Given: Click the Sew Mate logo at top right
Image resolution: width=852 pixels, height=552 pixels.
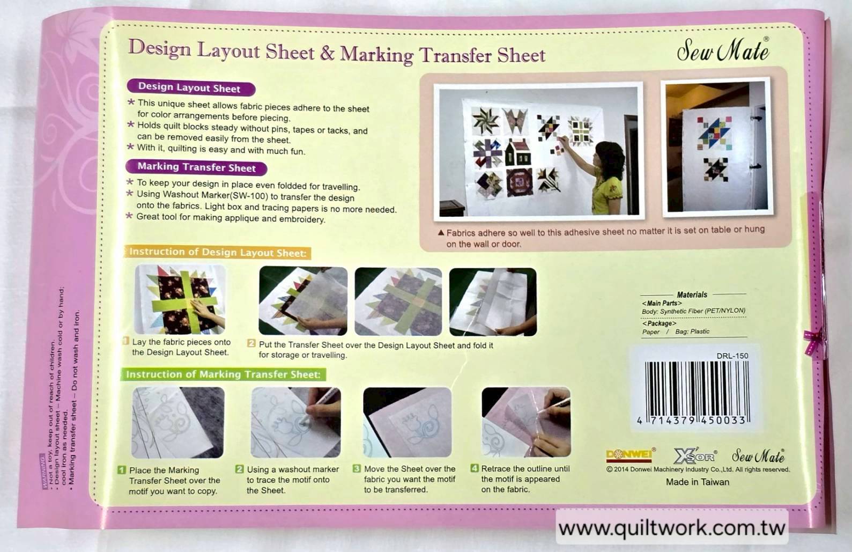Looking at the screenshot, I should (x=723, y=51).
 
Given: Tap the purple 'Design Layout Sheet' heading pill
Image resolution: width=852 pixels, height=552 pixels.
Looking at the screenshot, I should (x=190, y=87).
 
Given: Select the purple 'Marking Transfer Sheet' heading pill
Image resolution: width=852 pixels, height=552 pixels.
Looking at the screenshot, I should (x=196, y=167).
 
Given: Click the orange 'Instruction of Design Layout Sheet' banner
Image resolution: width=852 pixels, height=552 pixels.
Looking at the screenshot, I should (x=218, y=252).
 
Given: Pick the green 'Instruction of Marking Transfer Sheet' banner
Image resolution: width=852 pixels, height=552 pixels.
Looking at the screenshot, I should (x=223, y=374).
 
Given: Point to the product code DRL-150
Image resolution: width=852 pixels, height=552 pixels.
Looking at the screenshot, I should (x=732, y=356).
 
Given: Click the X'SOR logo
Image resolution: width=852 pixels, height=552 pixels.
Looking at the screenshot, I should (x=695, y=457).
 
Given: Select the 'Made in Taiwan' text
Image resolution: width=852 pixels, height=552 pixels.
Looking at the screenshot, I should (x=697, y=482).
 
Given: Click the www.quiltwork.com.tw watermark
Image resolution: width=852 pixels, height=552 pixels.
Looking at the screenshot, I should (x=672, y=528).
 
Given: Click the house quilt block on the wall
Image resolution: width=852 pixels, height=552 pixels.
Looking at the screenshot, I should (x=516, y=153).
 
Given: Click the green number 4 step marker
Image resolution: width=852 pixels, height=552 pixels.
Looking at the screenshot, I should (x=474, y=468).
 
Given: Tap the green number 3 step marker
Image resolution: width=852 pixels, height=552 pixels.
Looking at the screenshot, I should (x=357, y=468).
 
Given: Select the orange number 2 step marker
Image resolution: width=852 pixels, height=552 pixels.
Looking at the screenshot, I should (x=251, y=343).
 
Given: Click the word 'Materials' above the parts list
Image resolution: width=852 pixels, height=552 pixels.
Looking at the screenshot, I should (x=692, y=295).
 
